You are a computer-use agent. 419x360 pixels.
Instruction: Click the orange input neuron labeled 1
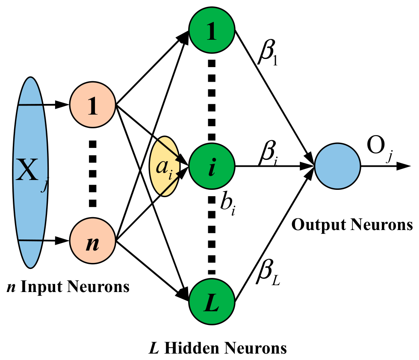[92, 105]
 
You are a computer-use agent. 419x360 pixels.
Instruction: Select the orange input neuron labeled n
[92, 241]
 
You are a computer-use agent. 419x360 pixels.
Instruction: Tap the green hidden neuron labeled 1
[212, 30]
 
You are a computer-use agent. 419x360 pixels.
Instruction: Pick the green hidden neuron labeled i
[212, 166]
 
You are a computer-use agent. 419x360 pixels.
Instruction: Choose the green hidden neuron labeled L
[212, 302]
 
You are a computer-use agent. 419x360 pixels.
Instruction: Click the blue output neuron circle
[338, 166]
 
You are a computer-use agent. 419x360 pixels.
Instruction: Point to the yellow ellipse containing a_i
[165, 166]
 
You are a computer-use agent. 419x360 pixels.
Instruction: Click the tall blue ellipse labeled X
[30, 172]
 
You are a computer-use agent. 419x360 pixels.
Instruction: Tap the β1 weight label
[268, 53]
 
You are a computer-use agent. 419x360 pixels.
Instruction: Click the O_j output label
[380, 148]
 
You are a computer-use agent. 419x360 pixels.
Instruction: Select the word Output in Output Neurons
[319, 225]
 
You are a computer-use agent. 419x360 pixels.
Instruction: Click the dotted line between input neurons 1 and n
[92, 174]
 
